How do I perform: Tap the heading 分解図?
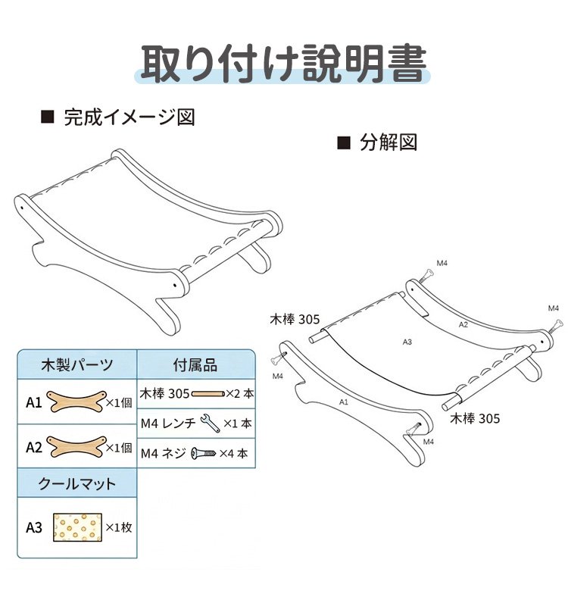[389, 142]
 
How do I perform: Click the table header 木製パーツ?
[77, 364]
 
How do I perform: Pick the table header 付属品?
[195, 365]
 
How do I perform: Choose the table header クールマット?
[77, 483]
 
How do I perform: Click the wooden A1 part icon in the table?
[76, 402]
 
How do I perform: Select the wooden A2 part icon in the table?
[76, 447]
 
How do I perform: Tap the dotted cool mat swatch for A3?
[77, 527]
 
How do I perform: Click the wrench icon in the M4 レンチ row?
[210, 423]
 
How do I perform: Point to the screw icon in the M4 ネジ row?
[203, 453]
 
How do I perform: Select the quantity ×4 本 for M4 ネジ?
[233, 453]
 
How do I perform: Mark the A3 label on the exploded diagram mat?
[407, 342]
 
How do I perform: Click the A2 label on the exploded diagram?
[463, 324]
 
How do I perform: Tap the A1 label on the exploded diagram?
[344, 402]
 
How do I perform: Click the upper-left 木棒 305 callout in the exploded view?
[295, 320]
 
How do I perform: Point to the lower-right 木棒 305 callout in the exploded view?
[475, 418]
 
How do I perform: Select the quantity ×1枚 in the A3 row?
[118, 527]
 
